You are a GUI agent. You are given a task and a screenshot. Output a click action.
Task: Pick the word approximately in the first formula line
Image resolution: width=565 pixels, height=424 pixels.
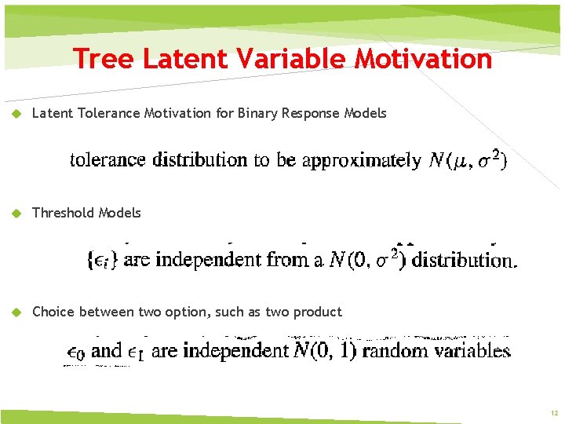click(x=361, y=161)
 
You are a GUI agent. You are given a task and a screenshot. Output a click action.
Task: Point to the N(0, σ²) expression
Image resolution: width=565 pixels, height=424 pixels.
click(x=366, y=260)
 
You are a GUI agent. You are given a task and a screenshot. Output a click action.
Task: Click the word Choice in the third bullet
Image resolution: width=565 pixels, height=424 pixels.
click(x=51, y=312)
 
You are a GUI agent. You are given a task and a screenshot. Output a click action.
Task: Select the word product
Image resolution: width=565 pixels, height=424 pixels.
click(x=317, y=313)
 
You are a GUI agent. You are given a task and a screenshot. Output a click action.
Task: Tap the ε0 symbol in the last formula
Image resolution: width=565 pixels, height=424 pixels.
click(x=74, y=352)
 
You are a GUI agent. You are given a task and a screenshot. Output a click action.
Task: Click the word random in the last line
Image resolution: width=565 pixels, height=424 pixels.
click(x=391, y=351)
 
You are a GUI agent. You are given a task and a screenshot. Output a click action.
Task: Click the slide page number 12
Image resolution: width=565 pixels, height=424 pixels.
click(x=553, y=413)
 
